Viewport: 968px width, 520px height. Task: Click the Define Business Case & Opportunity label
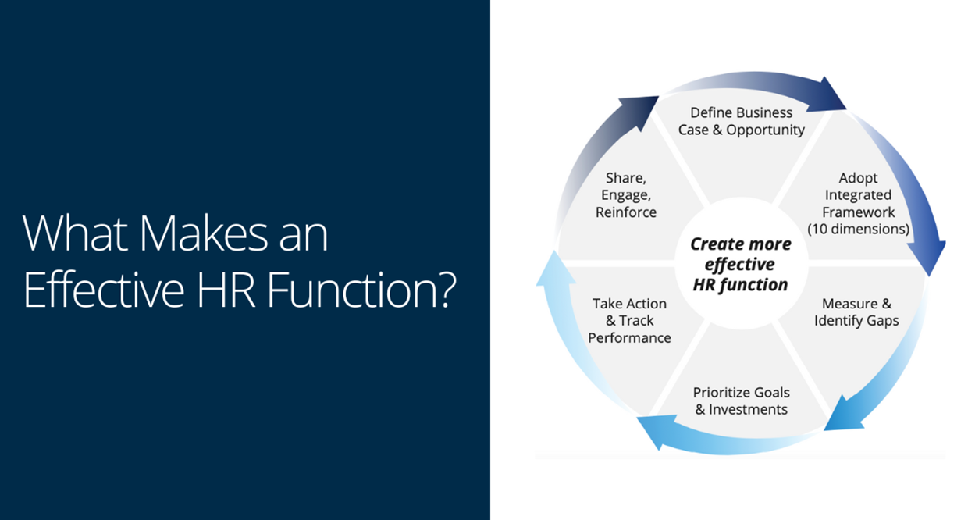[x=741, y=121]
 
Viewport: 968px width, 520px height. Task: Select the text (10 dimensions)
[x=858, y=229]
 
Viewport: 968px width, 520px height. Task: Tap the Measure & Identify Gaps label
[x=856, y=312]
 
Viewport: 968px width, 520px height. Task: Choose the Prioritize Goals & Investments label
[x=741, y=401]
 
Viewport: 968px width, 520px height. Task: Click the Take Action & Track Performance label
[x=629, y=320]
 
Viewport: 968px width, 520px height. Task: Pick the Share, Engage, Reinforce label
[x=626, y=195]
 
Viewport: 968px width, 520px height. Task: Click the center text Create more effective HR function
[x=741, y=265]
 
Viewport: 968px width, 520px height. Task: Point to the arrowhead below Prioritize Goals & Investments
[x=653, y=432]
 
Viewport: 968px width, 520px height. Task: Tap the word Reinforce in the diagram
[x=626, y=212]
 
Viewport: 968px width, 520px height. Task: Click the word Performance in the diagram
[x=629, y=337]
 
